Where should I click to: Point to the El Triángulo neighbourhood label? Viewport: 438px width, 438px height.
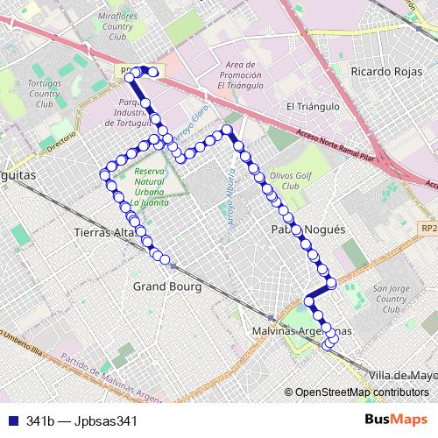tap(313, 106)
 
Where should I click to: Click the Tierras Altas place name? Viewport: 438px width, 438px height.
tap(104, 233)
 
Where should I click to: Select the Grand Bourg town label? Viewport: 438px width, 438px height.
tap(167, 286)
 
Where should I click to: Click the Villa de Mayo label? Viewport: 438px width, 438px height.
tap(402, 375)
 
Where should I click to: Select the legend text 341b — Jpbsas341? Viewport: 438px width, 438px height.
tap(82, 421)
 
